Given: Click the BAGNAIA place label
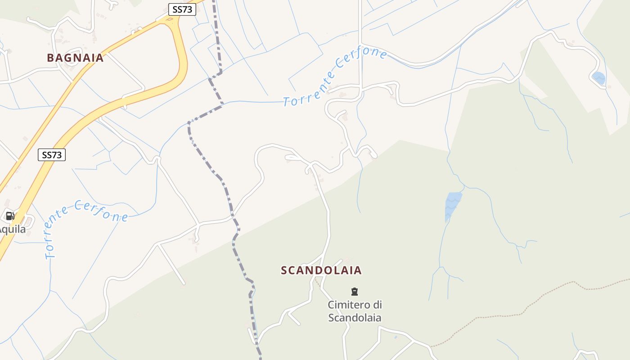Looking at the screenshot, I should pyautogui.click(x=75, y=58).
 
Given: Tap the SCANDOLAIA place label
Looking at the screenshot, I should pyautogui.click(x=321, y=270).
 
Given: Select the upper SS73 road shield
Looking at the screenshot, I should pyautogui.click(x=182, y=9).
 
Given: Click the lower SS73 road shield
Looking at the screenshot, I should pyautogui.click(x=52, y=155).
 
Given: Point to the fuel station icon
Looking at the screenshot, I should pyautogui.click(x=10, y=216).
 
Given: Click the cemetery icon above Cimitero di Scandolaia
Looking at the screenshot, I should pyautogui.click(x=355, y=292).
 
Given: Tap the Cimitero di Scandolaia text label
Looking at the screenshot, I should pyautogui.click(x=355, y=311).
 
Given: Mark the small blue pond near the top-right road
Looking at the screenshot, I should pyautogui.click(x=599, y=78).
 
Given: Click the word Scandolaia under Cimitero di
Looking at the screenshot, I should pyautogui.click(x=355, y=318).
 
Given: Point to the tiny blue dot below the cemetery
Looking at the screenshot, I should pyautogui.click(x=396, y=337).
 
